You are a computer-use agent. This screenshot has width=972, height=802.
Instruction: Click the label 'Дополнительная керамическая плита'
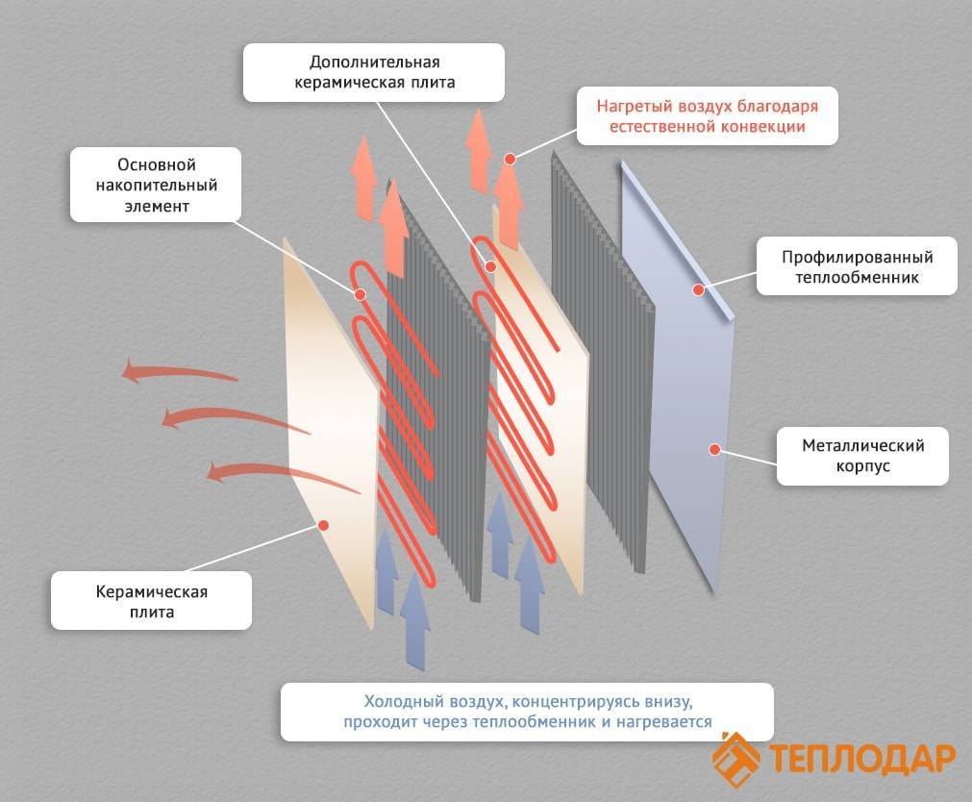pyautogui.click(x=374, y=72)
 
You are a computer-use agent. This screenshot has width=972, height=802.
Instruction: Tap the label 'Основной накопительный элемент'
pyautogui.click(x=156, y=185)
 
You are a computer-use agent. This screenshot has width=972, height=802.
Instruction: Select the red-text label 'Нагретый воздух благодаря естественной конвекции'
pyautogui.click(x=708, y=116)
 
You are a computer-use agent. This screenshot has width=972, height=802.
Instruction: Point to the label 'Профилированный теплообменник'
pyautogui.click(x=857, y=266)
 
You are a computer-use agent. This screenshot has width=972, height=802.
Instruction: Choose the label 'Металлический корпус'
pyautogui.click(x=863, y=456)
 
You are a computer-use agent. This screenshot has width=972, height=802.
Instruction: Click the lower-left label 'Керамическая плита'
pyautogui.click(x=151, y=601)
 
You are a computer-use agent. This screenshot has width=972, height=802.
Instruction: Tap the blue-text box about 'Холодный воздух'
pyautogui.click(x=528, y=712)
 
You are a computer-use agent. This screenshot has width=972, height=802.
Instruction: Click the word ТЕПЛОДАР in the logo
pyautogui.click(x=862, y=758)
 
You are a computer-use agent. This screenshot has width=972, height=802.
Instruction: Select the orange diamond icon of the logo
pyautogui.click(x=735, y=759)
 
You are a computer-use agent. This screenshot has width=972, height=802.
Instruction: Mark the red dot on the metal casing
pyautogui.click(x=714, y=449)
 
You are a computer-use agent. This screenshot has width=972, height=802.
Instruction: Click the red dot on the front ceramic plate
pyautogui.click(x=323, y=525)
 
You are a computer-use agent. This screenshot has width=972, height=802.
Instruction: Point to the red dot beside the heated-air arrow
pyautogui.click(x=510, y=160)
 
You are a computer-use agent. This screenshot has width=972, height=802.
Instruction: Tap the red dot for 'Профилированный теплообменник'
pyautogui.click(x=698, y=289)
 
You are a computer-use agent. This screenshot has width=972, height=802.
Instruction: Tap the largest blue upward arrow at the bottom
pyautogui.click(x=414, y=620)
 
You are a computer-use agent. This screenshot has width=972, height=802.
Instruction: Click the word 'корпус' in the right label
pyautogui.click(x=863, y=465)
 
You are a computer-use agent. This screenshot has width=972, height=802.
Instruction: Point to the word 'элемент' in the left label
pyautogui.click(x=156, y=206)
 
